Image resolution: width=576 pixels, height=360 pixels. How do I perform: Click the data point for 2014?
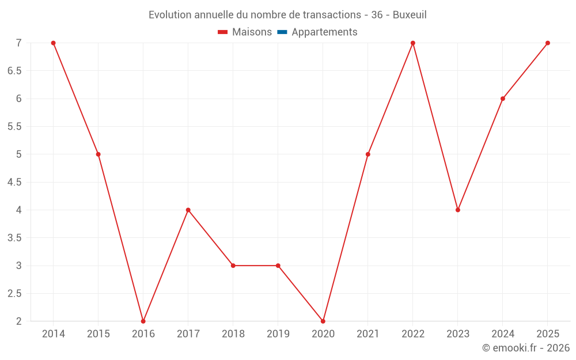pos(53,43)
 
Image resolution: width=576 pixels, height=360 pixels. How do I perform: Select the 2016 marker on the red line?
pos(143,321)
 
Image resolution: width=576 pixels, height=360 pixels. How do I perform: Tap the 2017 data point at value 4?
pos(188,210)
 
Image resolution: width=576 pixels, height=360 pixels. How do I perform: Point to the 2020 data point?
pos(323,321)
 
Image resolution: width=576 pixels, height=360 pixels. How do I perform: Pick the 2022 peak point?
pos(413,43)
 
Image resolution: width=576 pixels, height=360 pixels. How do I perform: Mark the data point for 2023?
pos(458,210)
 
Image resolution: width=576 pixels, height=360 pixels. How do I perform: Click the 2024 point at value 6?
pos(503,99)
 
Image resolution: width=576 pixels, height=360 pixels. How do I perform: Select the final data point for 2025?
pos(548,43)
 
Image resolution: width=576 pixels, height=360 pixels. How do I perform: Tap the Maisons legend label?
pos(252,32)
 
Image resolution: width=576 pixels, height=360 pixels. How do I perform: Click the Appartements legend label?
pos(324,32)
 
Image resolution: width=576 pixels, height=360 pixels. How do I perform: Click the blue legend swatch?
pos(282,32)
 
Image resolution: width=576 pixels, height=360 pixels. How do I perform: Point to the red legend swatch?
pos(222,32)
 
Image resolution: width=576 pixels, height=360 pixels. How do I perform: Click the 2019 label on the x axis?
pos(278,334)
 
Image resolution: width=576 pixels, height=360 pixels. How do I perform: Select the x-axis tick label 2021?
pos(367,334)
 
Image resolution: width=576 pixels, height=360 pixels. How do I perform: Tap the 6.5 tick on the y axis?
pos(14,71)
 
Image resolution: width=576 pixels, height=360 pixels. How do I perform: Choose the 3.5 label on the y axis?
pos(14,238)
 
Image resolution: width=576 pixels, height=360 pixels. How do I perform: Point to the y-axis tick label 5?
pos(19,154)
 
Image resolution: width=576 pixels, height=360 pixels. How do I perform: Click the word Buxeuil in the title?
pos(410,15)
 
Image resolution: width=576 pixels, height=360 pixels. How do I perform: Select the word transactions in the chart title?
pos(332,15)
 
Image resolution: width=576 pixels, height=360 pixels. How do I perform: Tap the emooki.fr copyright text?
pos(526,347)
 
